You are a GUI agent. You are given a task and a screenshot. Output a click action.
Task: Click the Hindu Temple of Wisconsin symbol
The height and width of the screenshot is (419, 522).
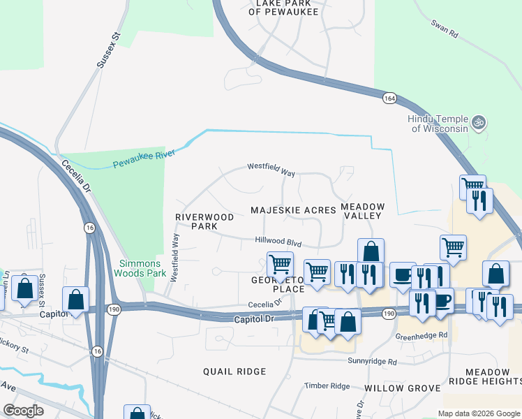click(478, 123)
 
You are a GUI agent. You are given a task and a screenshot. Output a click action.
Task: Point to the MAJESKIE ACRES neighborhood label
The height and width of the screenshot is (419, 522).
click(293, 210)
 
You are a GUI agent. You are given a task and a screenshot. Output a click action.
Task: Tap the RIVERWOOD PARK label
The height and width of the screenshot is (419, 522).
click(197, 221)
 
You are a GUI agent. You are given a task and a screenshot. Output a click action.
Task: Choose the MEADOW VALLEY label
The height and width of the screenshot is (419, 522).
click(362, 211)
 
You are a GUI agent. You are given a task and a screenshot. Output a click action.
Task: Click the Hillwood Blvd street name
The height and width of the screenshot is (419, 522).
click(278, 241)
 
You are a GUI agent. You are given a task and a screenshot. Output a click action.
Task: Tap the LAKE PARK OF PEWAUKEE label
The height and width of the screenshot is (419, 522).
click(287, 8)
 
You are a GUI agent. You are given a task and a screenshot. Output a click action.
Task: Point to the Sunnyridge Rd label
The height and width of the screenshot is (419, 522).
click(373, 362)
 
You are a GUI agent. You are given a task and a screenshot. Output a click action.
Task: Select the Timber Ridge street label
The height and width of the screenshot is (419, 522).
click(327, 386)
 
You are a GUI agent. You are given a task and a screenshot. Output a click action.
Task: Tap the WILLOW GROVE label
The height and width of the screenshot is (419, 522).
click(402, 388)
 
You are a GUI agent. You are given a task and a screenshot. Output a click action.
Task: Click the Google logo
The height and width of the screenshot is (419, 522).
click(23, 411)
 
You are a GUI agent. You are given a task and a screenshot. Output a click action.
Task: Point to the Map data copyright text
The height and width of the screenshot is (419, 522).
click(478, 413)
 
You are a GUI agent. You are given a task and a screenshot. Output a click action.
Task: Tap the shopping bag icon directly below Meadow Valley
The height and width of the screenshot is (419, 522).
click(371, 251)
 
